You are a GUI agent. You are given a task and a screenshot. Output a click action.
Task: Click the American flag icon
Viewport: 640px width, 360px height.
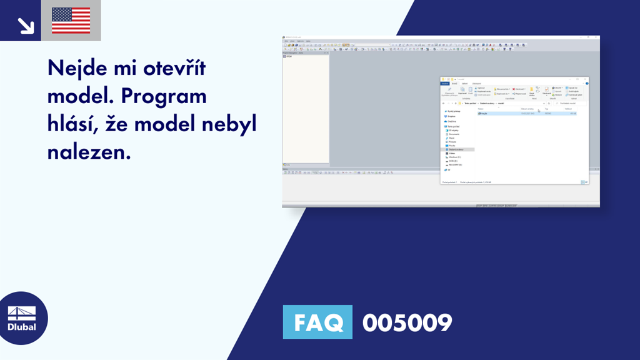tap(71, 21)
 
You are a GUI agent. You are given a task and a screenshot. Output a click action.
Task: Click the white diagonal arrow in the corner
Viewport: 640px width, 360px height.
tap(25, 25)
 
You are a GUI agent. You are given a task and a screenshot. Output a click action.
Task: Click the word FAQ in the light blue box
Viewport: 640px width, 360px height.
tap(317, 322)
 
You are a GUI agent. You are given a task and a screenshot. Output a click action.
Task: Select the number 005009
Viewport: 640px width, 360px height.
tap(407, 323)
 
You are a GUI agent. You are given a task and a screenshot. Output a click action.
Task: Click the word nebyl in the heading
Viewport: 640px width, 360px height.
tap(227, 124)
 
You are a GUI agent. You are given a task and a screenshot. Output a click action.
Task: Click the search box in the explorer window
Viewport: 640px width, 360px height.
tap(570, 103)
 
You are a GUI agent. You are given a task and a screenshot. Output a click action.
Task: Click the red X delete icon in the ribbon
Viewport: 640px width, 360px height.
tap(514, 89)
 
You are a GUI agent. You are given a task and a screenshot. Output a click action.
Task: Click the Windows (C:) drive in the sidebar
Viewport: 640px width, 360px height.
tap(454, 157)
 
